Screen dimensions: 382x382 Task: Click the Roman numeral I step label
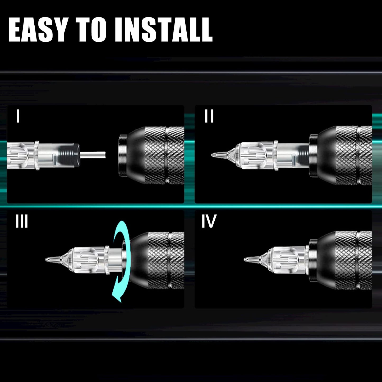(x=18, y=116)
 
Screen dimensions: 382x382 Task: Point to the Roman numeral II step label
(x=209, y=116)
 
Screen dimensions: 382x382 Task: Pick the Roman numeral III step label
(x=22, y=221)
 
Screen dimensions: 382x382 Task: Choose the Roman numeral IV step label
(x=209, y=221)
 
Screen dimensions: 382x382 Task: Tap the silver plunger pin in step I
(x=93, y=155)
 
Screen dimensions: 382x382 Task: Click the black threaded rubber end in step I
(x=69, y=155)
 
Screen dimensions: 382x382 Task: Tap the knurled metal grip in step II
(x=354, y=155)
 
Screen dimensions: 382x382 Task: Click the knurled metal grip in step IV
(x=354, y=260)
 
